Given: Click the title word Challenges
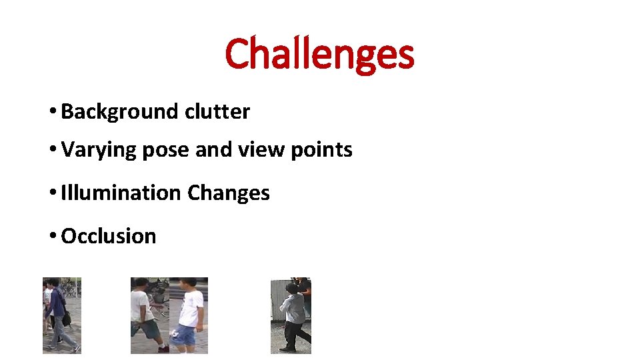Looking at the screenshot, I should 319,54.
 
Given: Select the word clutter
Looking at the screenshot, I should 217,111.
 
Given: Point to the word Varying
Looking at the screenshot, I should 99,150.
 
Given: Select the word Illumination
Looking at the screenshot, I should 121,193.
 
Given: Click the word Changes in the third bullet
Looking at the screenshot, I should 229,193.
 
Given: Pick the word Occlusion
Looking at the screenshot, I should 108,236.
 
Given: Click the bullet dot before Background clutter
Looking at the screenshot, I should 52,112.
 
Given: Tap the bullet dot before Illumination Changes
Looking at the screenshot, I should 52,193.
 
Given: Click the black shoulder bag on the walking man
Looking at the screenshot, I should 66,319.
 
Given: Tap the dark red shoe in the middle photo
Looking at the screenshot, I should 163,348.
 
